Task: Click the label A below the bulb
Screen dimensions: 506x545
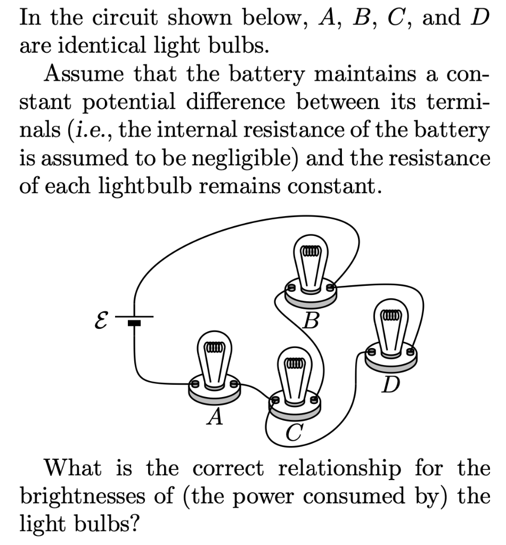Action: click(x=215, y=417)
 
